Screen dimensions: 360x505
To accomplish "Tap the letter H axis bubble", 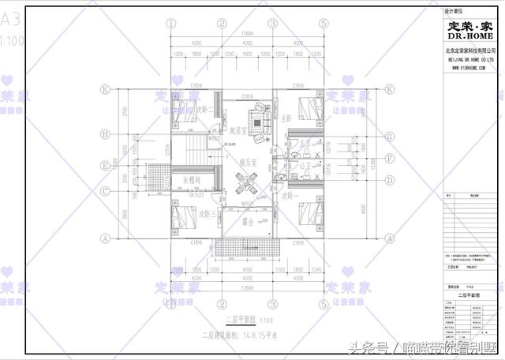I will click(x=103, y=134).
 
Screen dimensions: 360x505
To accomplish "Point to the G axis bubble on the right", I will click(x=390, y=136).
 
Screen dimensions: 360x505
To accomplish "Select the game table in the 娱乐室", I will click(x=247, y=186).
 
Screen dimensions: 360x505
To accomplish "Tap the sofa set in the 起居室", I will click(x=260, y=118).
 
